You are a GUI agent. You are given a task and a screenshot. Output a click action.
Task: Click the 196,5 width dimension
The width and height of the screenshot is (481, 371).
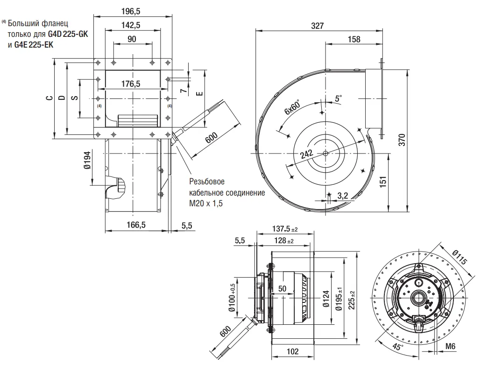coord(133,10)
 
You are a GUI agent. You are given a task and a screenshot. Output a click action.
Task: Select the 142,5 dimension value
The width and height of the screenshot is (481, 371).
coord(133,25)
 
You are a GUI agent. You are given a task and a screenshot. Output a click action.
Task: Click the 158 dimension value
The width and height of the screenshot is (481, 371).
coord(354,39)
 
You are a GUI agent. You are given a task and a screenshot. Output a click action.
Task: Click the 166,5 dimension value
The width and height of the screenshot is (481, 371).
coord(136,225)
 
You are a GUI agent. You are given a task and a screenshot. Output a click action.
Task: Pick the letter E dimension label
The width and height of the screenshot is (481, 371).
coord(199,93)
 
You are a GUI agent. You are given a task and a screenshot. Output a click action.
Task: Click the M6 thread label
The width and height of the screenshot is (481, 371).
coord(450,346)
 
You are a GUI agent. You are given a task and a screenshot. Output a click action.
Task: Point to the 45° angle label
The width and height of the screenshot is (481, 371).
coord(397,347)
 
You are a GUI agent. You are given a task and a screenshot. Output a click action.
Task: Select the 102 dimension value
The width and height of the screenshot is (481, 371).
coord(293,352)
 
